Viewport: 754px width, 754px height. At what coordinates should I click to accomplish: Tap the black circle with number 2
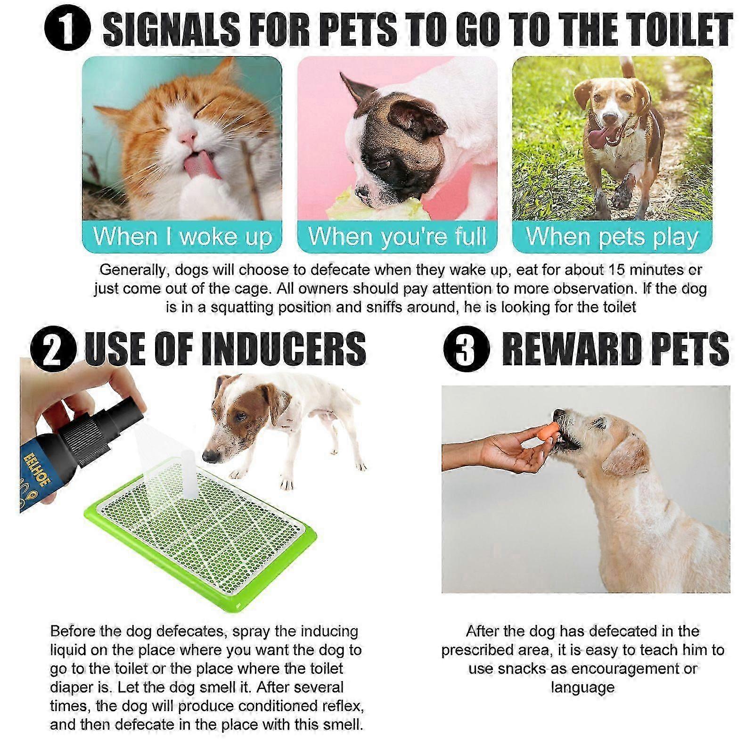pos(53,349)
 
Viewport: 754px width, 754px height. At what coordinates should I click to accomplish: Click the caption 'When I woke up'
pos(183,237)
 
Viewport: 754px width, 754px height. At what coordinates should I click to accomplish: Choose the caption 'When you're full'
pos(397,237)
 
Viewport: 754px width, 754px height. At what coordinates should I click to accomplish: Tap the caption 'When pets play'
pos(612,237)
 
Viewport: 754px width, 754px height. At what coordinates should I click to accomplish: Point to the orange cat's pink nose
pos(188,137)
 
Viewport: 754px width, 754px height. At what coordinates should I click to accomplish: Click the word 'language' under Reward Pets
pos(582,688)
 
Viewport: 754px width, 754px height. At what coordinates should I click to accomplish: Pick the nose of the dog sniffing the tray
pos(211,455)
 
